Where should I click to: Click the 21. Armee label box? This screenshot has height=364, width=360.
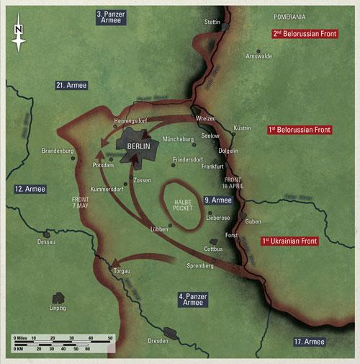71,85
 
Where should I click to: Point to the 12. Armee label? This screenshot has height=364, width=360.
30,189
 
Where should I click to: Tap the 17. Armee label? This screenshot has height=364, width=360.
310,341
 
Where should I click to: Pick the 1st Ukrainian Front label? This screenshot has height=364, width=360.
290,239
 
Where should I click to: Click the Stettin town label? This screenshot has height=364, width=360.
212,22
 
